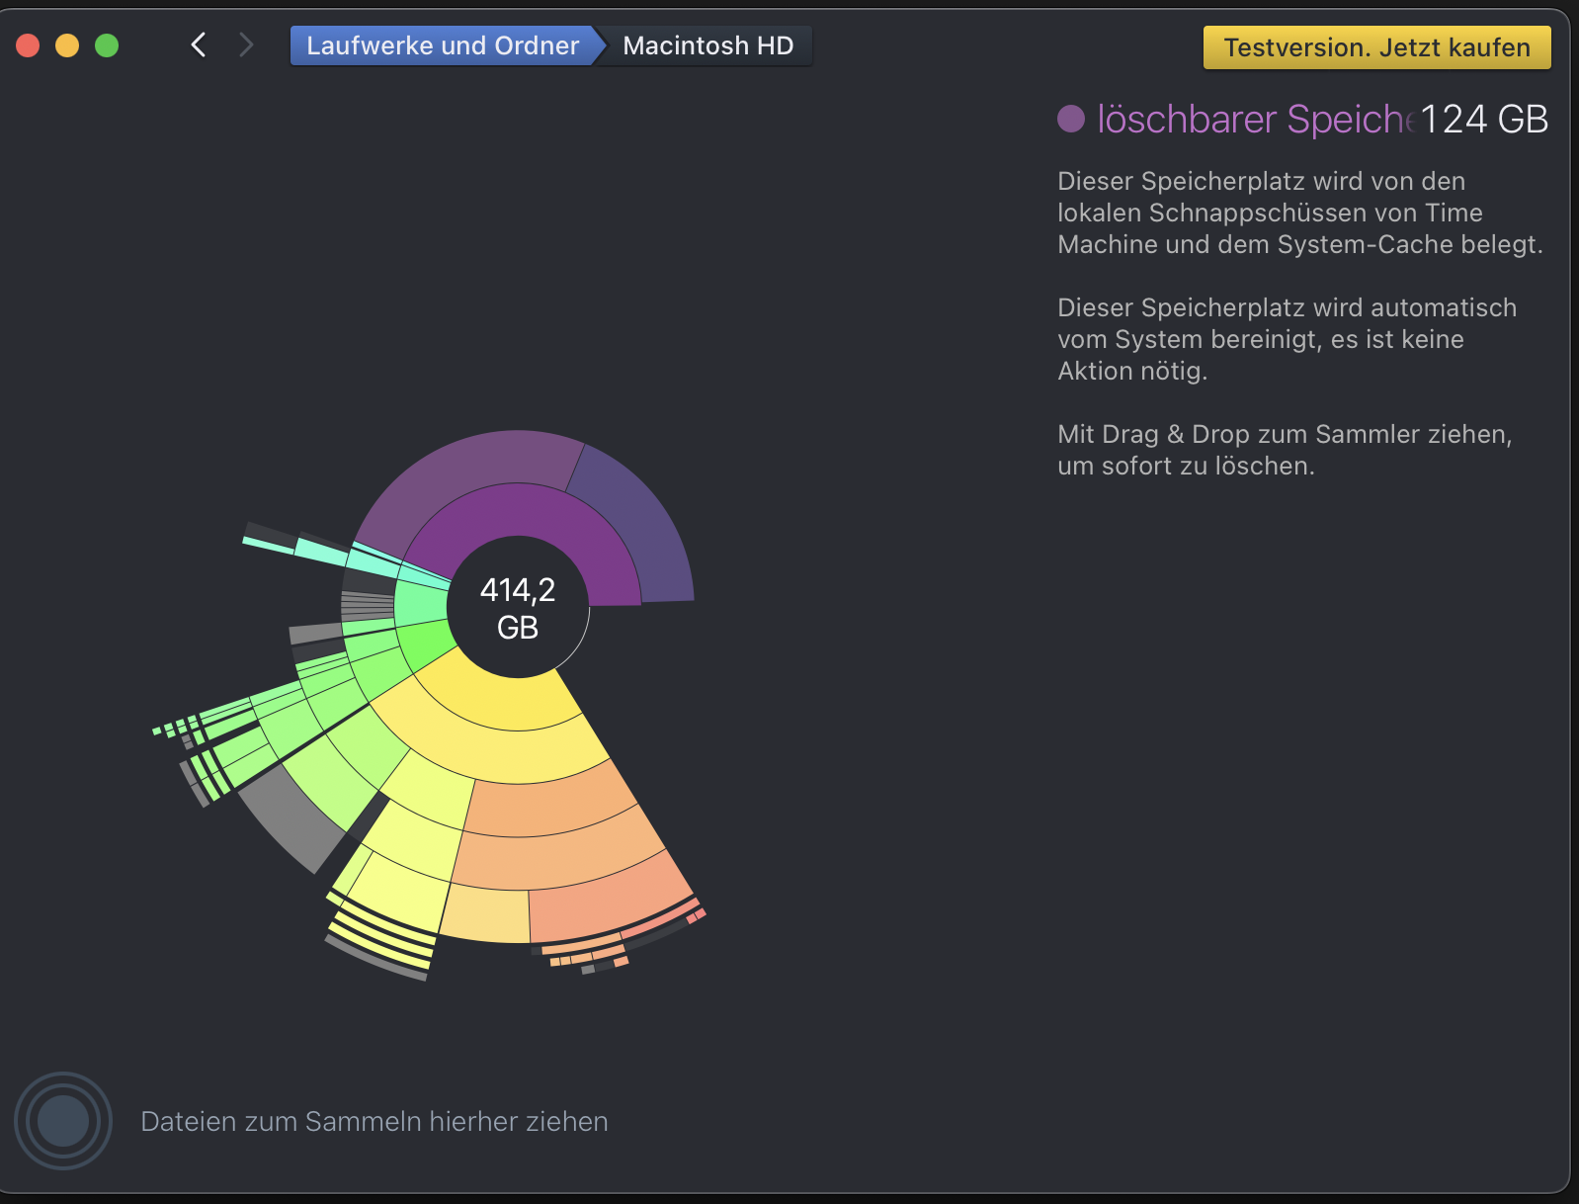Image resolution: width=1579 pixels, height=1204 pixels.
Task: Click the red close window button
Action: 28,46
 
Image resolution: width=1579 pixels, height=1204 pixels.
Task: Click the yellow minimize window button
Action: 67,46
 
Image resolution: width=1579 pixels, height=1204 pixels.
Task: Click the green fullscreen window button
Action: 107,46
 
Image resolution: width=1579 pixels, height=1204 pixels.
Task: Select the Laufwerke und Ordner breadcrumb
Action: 443,46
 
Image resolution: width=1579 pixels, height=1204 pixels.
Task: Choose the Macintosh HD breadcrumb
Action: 707,46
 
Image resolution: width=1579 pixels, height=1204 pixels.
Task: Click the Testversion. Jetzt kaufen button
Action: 1376,47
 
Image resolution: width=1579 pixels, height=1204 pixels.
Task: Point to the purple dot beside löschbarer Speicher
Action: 1071,119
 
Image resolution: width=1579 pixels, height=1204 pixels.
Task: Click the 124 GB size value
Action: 1484,119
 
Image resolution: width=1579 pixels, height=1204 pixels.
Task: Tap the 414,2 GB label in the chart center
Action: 518,609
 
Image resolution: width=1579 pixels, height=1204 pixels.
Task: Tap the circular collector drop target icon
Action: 63,1121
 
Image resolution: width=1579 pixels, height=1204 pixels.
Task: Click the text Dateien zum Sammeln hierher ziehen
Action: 374,1122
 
